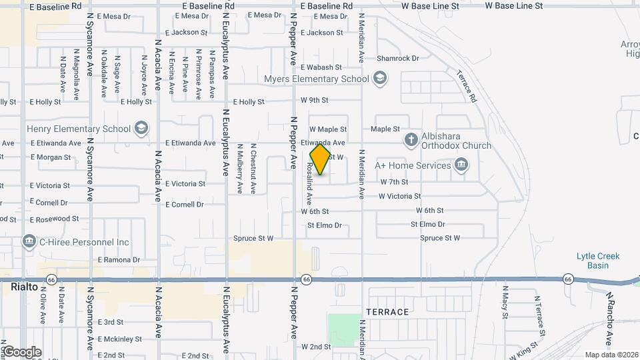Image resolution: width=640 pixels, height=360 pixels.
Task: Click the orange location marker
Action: pos(321,159)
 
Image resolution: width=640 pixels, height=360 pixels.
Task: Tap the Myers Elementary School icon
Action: pos(379,79)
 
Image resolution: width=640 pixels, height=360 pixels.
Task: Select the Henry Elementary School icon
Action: pos(141,129)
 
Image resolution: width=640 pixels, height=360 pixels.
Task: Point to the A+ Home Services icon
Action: pos(461,165)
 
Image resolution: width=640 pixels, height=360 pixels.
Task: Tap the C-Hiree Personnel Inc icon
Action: pos(29,241)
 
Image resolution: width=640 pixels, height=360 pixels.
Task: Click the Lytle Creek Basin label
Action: pos(598,261)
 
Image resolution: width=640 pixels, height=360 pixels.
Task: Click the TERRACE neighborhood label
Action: pos(387,312)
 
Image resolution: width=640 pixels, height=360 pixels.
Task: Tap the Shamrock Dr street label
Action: pos(397,59)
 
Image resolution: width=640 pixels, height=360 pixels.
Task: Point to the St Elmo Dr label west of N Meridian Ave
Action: pos(324,225)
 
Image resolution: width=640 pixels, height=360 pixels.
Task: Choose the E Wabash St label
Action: pos(321,67)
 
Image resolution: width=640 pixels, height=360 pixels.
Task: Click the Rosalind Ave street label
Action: pos(309,185)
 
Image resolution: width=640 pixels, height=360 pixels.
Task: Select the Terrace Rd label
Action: pos(467,86)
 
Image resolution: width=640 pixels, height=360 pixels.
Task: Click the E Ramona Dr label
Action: pos(119,260)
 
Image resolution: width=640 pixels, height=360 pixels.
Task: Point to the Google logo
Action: pos(22,352)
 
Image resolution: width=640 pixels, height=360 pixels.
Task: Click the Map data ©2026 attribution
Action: pos(611,355)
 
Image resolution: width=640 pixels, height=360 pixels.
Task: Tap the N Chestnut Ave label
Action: pos(253,169)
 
